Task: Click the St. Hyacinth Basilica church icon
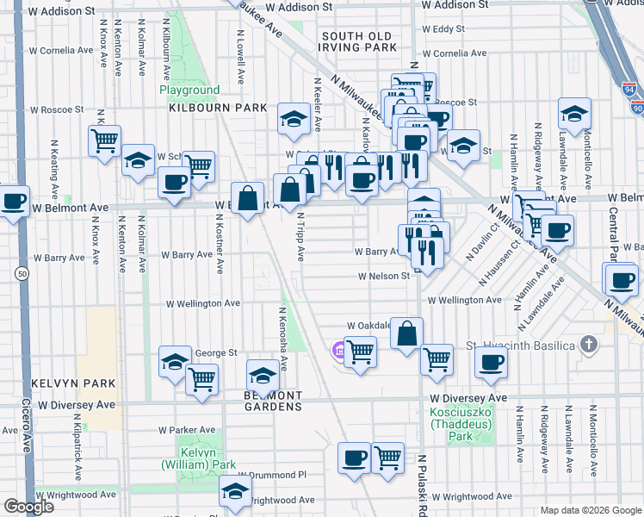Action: (x=588, y=346)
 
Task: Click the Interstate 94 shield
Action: (x=629, y=89)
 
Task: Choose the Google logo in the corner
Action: (x=28, y=507)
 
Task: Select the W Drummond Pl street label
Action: (x=272, y=474)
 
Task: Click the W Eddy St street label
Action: (x=449, y=29)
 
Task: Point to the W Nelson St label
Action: (x=383, y=277)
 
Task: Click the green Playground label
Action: (x=189, y=90)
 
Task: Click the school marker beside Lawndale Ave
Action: (x=574, y=114)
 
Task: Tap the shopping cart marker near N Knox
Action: (x=104, y=140)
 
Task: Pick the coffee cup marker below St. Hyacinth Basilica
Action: (x=492, y=362)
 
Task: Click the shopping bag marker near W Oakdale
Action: (x=406, y=332)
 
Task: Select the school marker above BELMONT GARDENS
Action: (x=263, y=375)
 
